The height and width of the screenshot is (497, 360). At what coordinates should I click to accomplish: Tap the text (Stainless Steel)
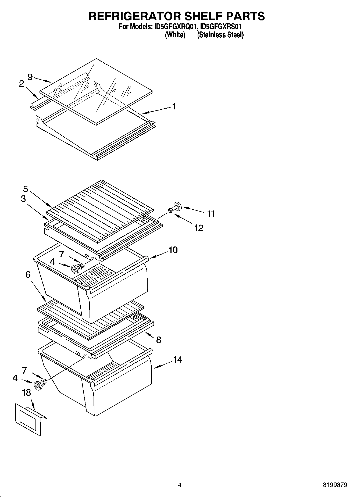pyautogui.click(x=220, y=35)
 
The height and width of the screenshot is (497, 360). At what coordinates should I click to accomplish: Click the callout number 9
pyautogui.click(x=30, y=77)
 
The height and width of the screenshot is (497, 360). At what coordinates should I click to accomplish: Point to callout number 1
pyautogui.click(x=174, y=106)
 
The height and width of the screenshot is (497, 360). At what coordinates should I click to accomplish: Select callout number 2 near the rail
pyautogui.click(x=22, y=84)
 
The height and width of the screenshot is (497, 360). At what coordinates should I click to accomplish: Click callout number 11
pyautogui.click(x=211, y=214)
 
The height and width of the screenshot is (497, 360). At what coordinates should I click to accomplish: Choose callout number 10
pyautogui.click(x=173, y=250)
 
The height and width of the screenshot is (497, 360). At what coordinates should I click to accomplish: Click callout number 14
pyautogui.click(x=178, y=359)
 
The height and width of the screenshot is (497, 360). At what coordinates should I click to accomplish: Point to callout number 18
pyautogui.click(x=26, y=392)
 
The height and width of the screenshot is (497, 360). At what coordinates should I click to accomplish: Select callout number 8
pyautogui.click(x=159, y=340)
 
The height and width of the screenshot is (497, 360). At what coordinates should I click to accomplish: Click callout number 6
pyautogui.click(x=28, y=275)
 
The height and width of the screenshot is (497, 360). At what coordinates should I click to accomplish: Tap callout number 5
pyautogui.click(x=26, y=189)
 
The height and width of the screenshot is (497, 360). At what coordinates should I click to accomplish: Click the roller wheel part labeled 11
pyautogui.click(x=177, y=206)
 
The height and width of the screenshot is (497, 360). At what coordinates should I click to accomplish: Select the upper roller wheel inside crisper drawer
pyautogui.click(x=75, y=269)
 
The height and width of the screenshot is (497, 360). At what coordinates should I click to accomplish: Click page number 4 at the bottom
pyautogui.click(x=180, y=485)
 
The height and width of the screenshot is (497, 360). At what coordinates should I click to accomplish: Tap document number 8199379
pyautogui.click(x=335, y=485)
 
